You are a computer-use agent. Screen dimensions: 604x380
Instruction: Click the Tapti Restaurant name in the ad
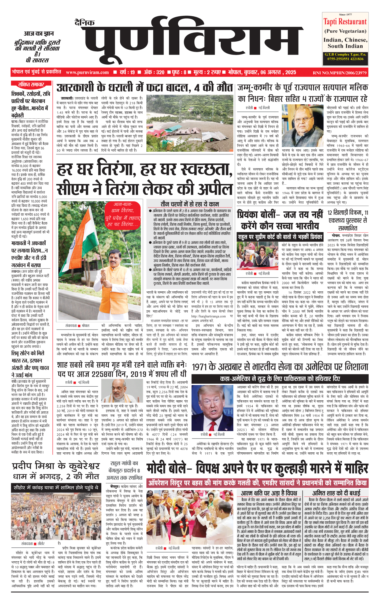click(x=345, y=22)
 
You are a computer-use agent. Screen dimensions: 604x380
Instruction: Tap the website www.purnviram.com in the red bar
click(x=87, y=72)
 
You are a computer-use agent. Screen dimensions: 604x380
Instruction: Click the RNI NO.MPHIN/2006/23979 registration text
click(x=340, y=73)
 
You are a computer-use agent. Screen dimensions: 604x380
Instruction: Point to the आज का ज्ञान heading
click(x=39, y=34)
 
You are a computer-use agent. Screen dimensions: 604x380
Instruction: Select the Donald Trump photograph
click(x=212, y=408)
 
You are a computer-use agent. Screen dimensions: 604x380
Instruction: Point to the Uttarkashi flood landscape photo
click(x=189, y=124)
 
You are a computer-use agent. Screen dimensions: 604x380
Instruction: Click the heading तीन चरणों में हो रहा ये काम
click(x=190, y=204)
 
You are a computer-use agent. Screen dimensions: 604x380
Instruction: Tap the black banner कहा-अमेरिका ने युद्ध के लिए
click(x=280, y=379)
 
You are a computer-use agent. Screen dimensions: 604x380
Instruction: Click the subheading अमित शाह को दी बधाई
click(x=336, y=493)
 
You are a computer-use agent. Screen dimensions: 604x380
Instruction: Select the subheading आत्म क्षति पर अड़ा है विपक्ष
click(x=269, y=493)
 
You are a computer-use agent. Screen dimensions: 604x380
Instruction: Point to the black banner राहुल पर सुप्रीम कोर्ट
click(x=280, y=237)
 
